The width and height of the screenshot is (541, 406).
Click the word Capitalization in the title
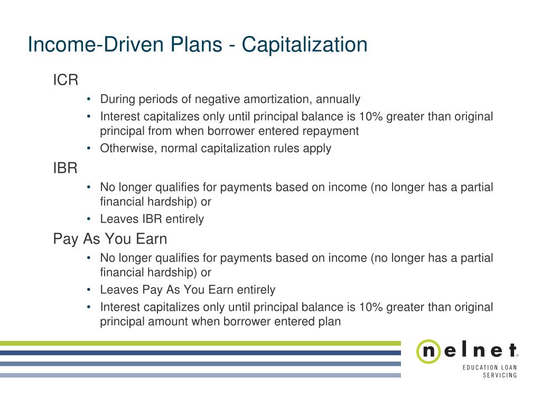[x=304, y=45]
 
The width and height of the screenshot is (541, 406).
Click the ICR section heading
[x=66, y=80]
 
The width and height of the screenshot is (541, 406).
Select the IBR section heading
[x=65, y=168]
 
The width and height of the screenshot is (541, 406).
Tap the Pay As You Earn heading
[x=110, y=239]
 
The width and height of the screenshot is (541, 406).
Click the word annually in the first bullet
[x=338, y=99]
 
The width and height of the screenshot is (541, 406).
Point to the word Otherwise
[x=128, y=149]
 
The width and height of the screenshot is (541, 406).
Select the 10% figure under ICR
[x=371, y=116]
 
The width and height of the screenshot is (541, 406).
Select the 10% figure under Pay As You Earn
[x=371, y=307]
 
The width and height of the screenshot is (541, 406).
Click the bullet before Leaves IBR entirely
[x=89, y=218]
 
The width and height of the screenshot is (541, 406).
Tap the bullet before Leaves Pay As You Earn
[x=89, y=289]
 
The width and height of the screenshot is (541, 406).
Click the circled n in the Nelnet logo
[x=428, y=351]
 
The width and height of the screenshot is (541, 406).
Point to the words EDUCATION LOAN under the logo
[x=490, y=368]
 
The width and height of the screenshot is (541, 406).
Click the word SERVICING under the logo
[x=500, y=375]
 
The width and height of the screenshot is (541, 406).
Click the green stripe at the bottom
[x=200, y=343]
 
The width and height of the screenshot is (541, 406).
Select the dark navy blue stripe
[x=200, y=353]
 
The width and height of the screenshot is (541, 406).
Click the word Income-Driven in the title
[x=96, y=44]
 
